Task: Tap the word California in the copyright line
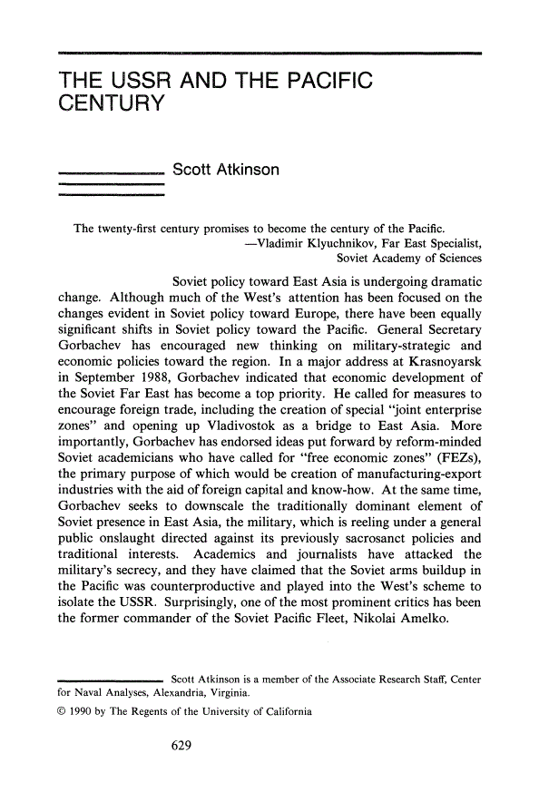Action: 283,712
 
